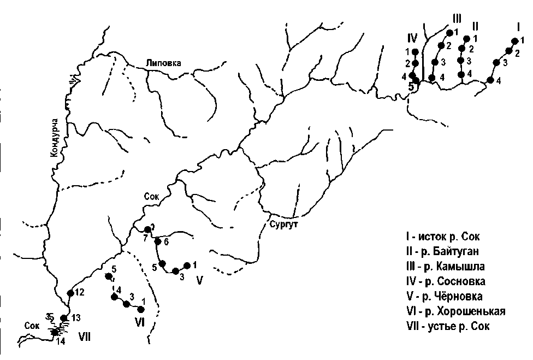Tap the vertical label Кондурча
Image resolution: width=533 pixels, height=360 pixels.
tap(55, 137)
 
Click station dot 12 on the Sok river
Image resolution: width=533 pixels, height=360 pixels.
tap(70, 293)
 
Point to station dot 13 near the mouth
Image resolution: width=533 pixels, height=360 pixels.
tap(64, 318)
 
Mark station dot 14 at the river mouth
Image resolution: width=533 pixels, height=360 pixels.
tap(55, 332)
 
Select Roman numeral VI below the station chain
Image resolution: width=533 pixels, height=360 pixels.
tap(139, 322)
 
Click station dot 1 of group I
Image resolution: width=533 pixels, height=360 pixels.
tap(514, 41)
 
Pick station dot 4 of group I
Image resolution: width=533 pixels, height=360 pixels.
tap(490, 80)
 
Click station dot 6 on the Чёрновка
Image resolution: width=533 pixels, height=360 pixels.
tap(158, 241)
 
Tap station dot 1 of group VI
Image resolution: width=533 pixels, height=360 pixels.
tap(141, 309)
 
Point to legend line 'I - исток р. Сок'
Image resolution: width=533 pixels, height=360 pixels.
tap(445, 237)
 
